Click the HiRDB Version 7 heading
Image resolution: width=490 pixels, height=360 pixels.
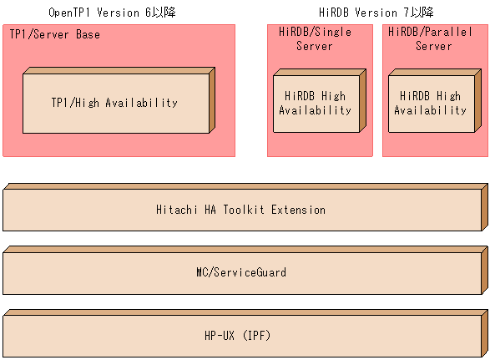point(376,13)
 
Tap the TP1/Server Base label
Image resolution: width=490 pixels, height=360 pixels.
point(54,34)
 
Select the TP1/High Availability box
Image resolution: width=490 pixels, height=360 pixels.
point(114,103)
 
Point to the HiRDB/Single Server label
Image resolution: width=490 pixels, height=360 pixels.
point(315,38)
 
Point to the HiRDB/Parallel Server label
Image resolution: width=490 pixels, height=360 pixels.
point(430,38)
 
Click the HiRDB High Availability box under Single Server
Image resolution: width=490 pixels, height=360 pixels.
point(315,104)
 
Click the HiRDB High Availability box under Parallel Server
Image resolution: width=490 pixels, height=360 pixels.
point(430,104)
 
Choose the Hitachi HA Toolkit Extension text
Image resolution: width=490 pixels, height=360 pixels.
point(240,210)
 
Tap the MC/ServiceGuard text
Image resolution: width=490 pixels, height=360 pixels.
point(240,271)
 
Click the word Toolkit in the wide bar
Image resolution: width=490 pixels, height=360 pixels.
point(243,210)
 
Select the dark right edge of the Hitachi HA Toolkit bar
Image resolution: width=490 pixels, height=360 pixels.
point(485,206)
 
